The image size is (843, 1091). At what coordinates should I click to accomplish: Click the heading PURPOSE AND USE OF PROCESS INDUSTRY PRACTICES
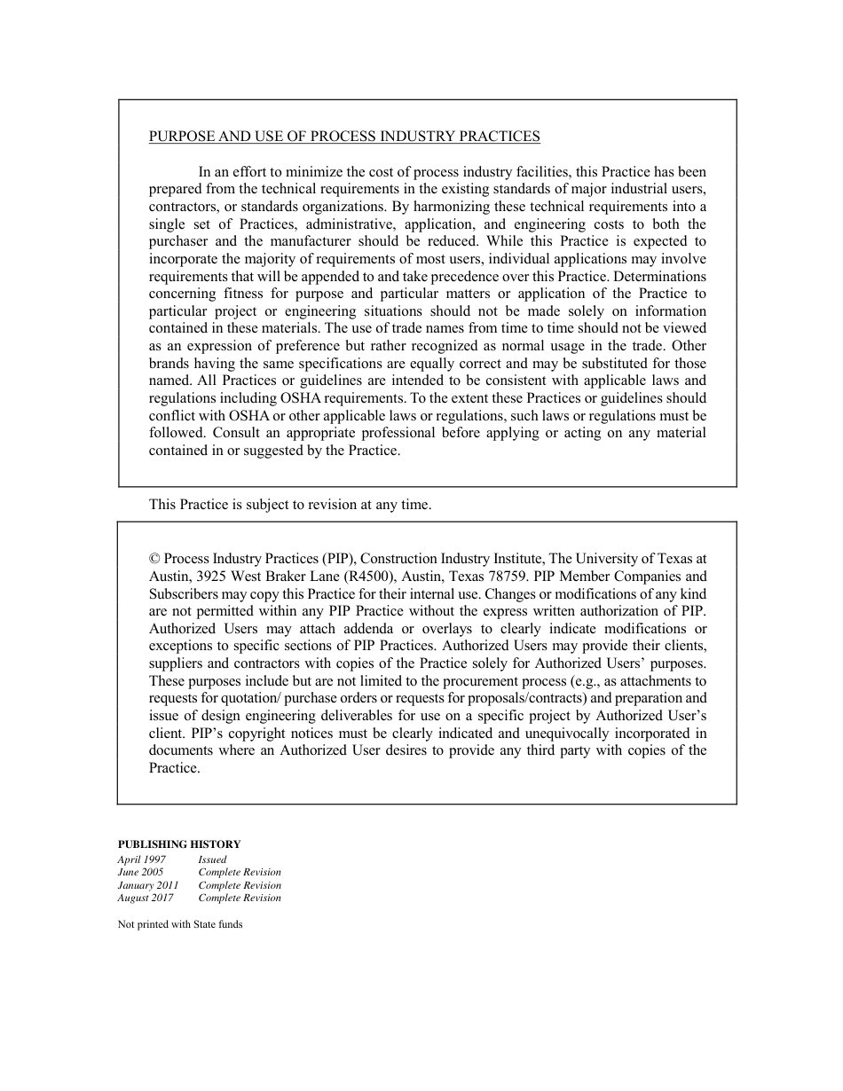pos(344,137)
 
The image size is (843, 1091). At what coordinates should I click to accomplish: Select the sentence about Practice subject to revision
pos(290,505)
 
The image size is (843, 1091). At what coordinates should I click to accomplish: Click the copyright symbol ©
pos(154,560)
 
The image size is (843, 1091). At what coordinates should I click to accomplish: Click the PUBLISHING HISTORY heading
pos(179,844)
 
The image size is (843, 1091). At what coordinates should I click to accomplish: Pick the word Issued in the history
pos(212,859)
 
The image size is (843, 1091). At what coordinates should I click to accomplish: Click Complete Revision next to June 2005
pos(240,872)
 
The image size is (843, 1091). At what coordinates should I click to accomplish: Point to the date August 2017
pos(146,898)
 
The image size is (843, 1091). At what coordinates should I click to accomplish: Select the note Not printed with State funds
pos(180,924)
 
